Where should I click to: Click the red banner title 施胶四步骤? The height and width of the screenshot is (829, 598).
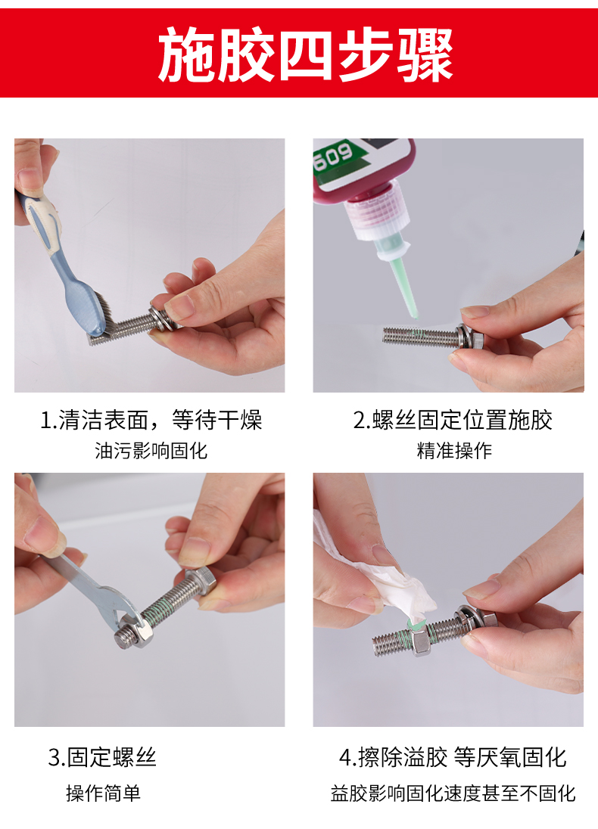coord(305,54)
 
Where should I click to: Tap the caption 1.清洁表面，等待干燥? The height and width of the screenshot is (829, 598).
coord(151,421)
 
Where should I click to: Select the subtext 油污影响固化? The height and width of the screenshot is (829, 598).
coord(151,451)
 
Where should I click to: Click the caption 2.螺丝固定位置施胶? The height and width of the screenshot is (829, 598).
coord(453,421)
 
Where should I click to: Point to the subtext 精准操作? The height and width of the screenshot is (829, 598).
coord(454,451)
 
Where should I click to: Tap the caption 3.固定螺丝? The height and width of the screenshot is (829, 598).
coord(102,757)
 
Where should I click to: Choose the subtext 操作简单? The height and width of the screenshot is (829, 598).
coord(103,793)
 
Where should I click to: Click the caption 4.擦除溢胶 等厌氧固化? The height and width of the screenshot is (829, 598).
coord(453,757)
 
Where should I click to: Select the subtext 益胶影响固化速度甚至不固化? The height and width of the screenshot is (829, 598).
coord(453,793)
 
